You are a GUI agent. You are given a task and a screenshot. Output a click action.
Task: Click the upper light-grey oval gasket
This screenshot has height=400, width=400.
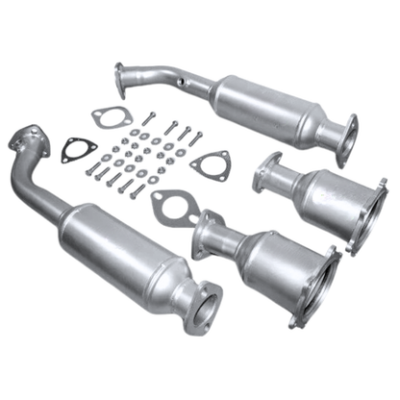point(109,117)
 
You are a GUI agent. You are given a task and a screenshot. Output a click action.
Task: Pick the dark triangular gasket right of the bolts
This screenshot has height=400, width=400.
point(209,164)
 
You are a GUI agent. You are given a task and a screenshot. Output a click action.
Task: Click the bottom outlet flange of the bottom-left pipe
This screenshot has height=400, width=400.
point(204,308)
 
